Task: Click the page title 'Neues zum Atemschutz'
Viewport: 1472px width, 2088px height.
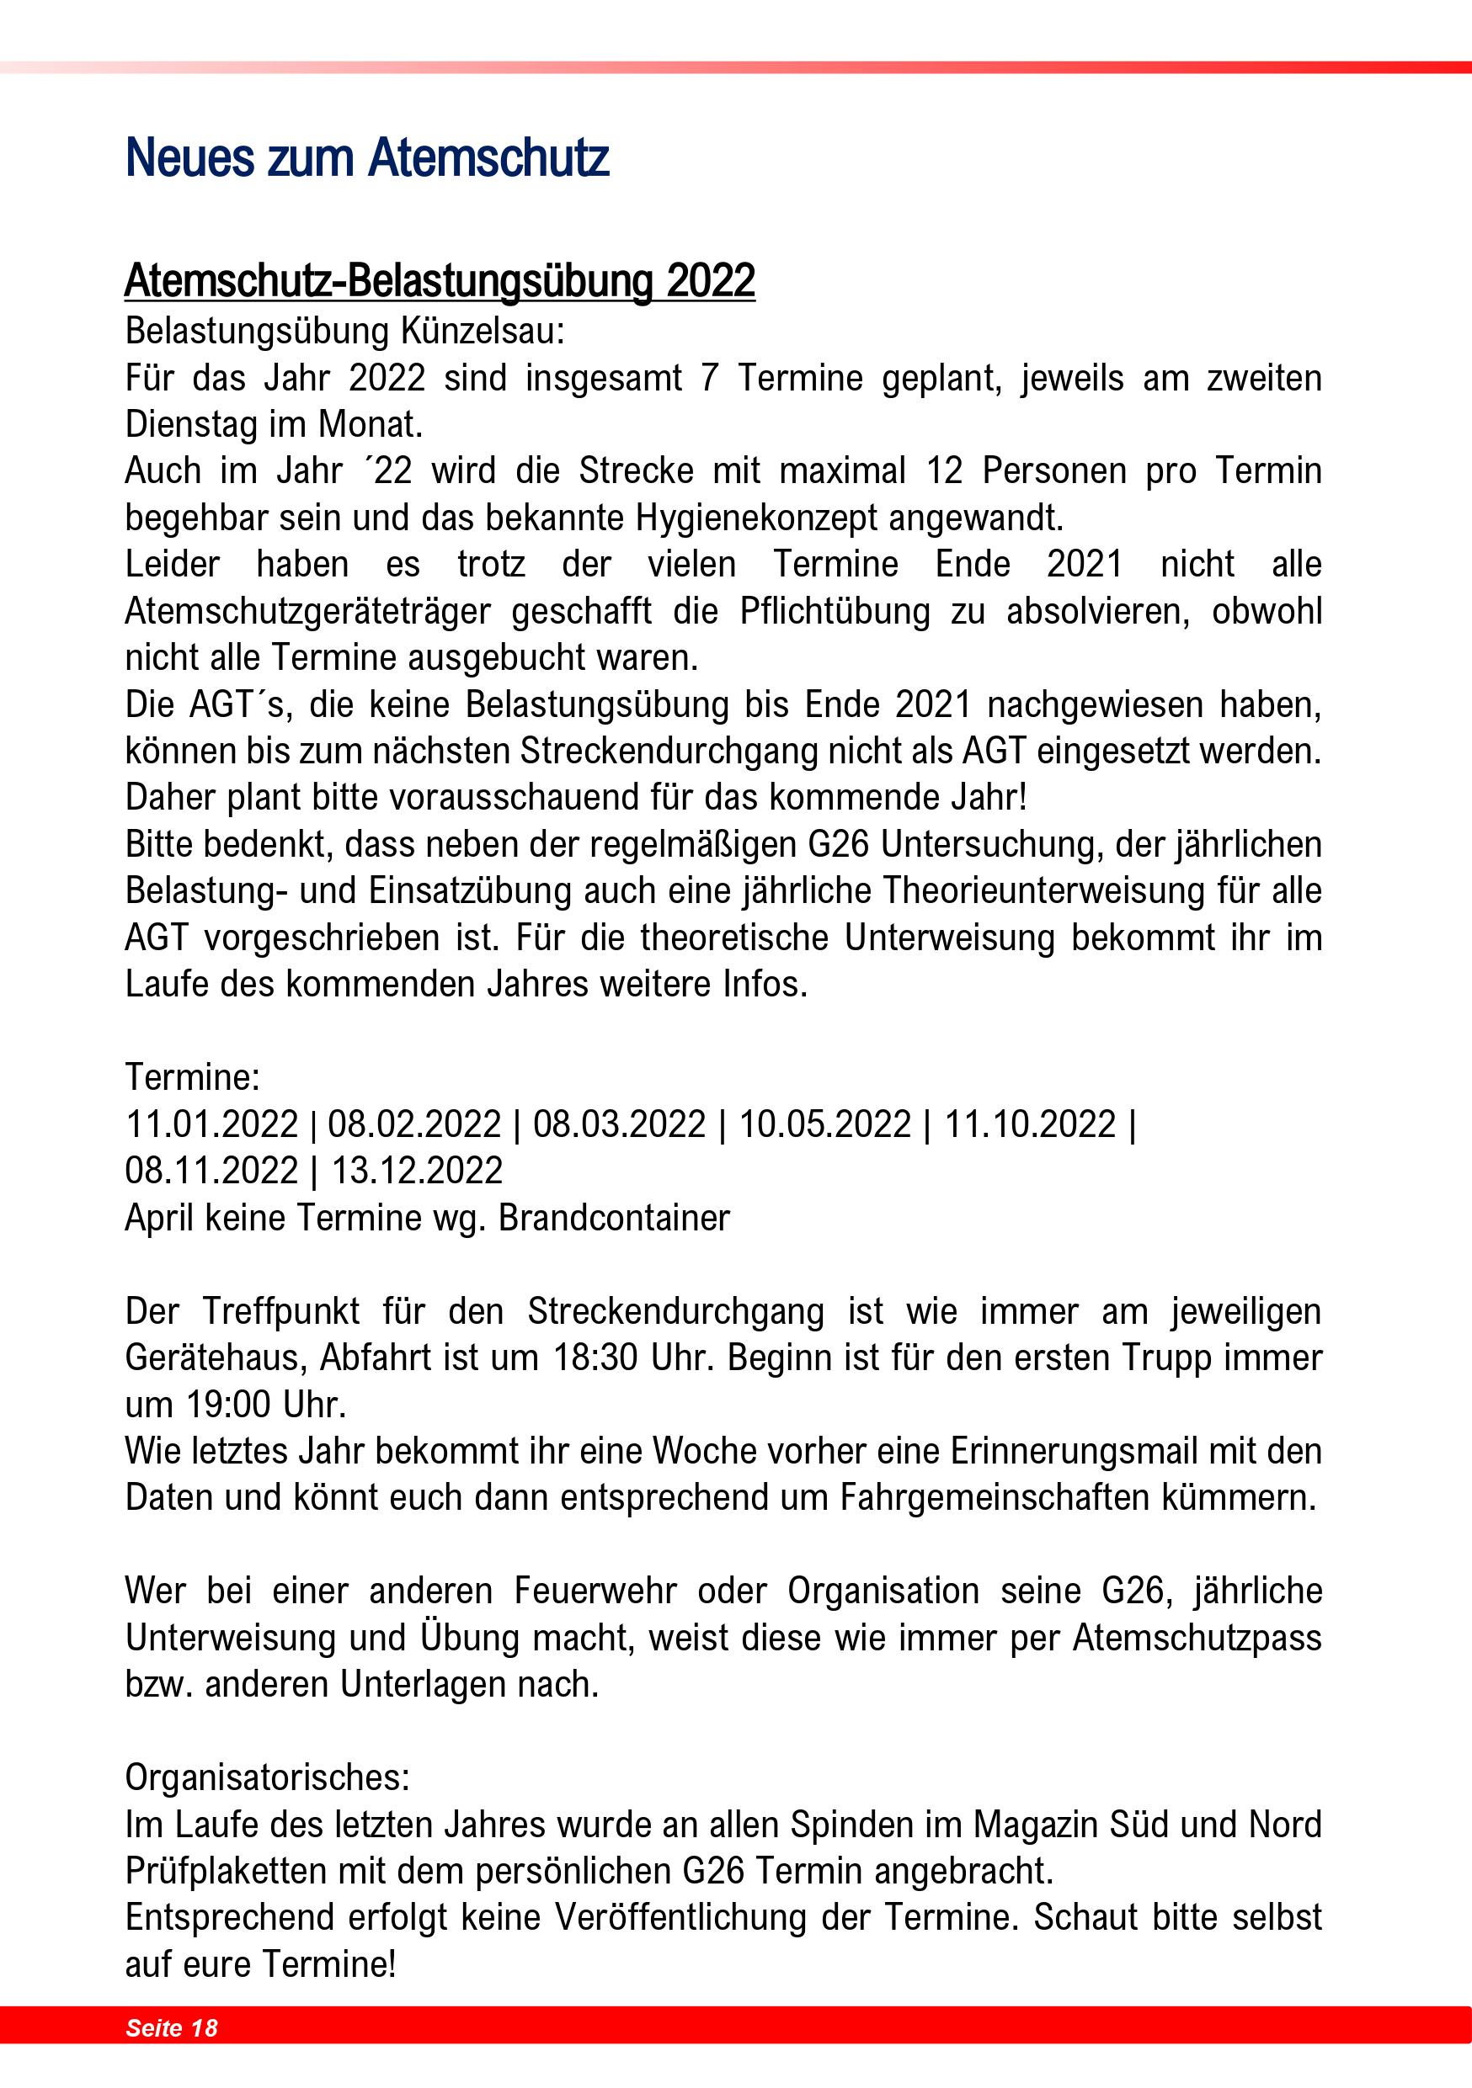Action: pos(366,157)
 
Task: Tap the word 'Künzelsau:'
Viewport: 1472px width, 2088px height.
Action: pos(483,331)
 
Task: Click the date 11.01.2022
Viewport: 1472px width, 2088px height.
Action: pos(211,1124)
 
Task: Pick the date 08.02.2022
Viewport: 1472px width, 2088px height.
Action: pos(414,1124)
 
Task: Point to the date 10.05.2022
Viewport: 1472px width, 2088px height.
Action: pos(824,1124)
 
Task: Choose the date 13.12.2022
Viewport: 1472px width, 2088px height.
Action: pos(416,1171)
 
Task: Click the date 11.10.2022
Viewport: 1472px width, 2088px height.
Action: pos(1030,1124)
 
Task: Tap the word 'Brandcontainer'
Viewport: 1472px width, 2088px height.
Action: pos(614,1218)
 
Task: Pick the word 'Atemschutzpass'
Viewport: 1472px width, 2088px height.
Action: pos(1197,1638)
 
